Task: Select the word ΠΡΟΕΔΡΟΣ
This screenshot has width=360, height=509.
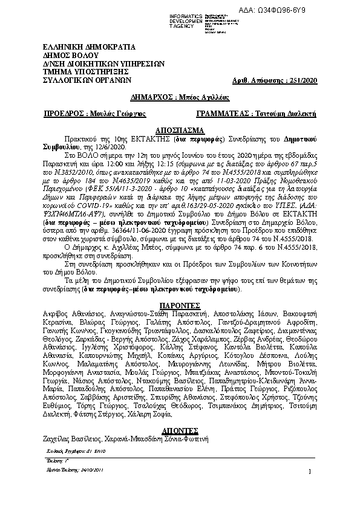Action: point(65,114)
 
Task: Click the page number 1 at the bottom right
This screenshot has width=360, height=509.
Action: point(309,472)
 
